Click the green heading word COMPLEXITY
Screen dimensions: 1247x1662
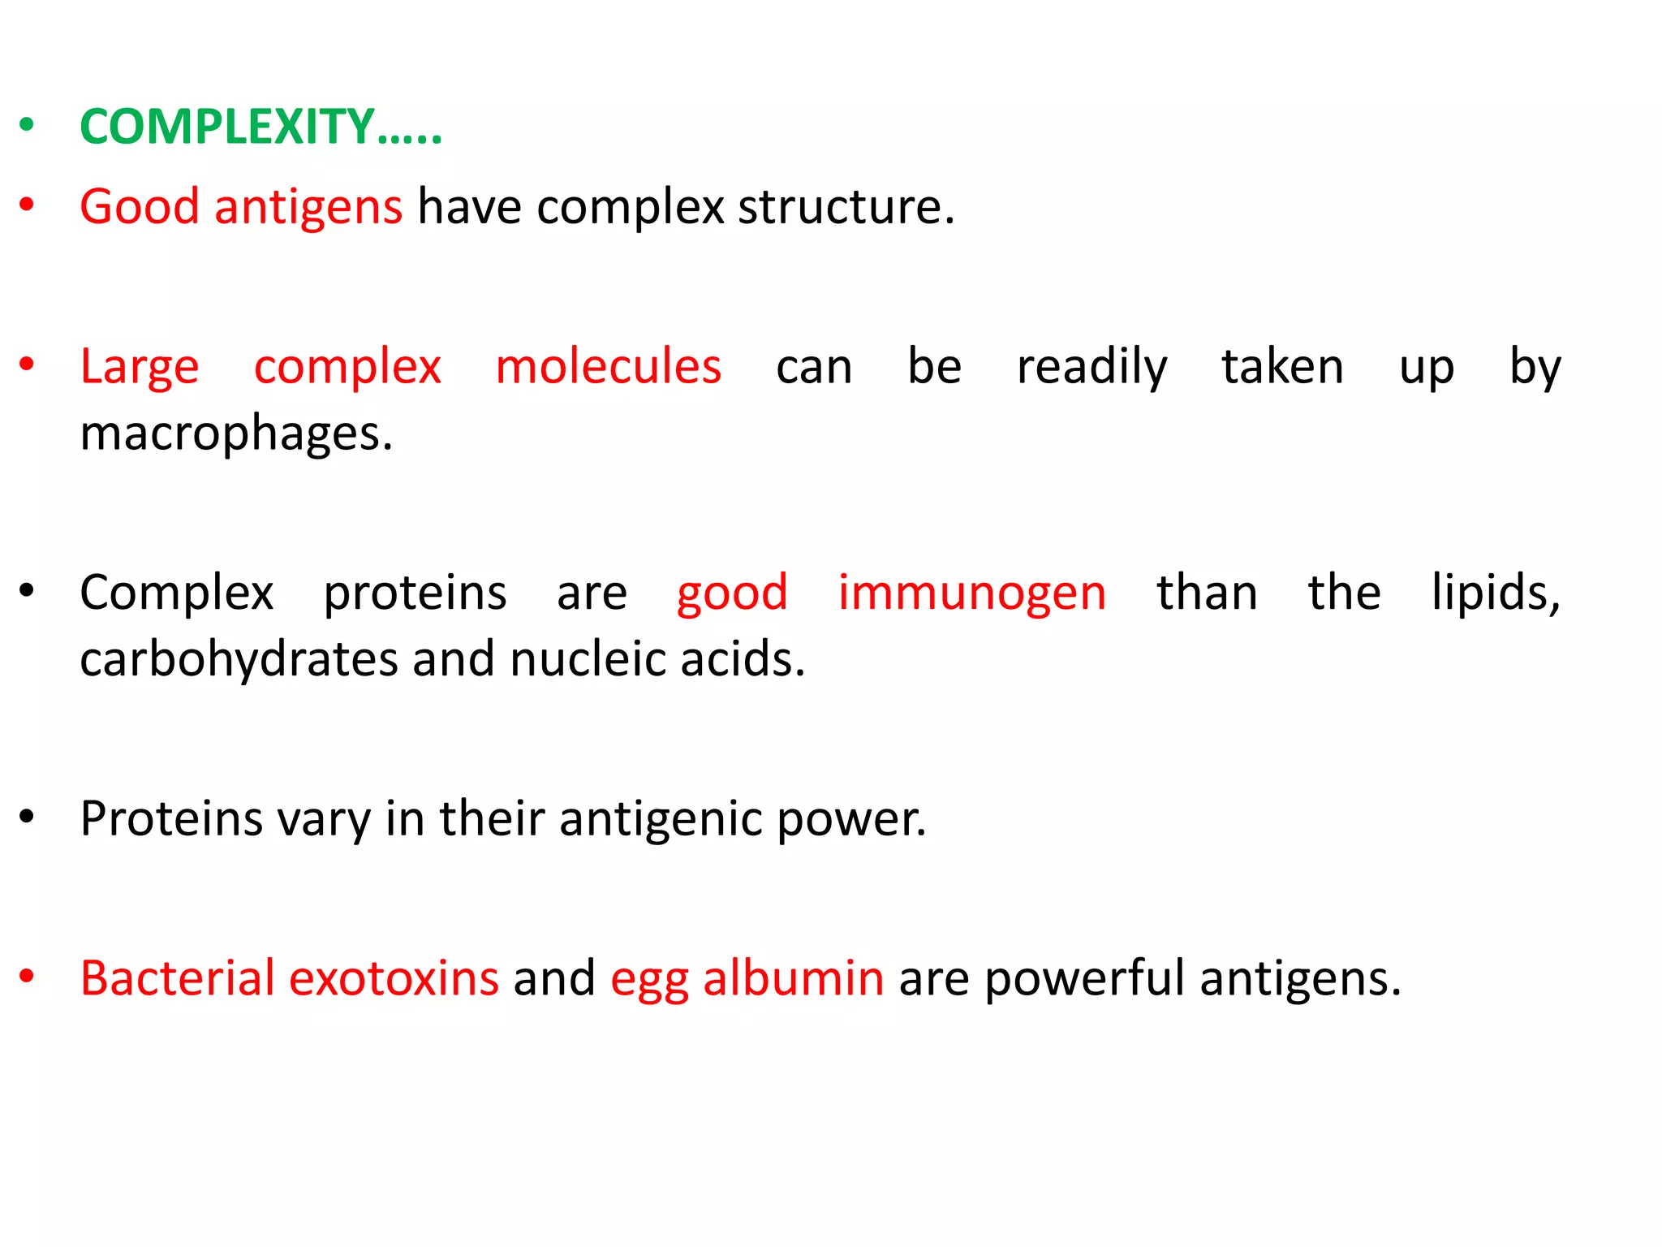(x=227, y=127)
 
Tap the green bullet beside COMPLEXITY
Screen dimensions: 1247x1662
(x=27, y=125)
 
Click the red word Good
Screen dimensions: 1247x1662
(x=139, y=206)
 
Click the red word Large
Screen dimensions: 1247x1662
(x=139, y=368)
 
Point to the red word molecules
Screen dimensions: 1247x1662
(x=608, y=366)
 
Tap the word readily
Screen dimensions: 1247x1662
(x=1091, y=368)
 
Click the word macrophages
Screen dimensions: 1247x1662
(x=235, y=434)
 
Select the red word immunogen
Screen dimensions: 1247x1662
(x=971, y=593)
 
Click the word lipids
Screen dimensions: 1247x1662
(x=1495, y=593)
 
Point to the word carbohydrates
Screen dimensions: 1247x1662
(x=239, y=658)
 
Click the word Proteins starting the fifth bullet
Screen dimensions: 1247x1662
(x=171, y=818)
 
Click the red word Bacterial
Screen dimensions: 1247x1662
(x=177, y=978)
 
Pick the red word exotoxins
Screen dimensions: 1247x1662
(x=394, y=978)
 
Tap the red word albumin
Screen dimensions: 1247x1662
(x=793, y=978)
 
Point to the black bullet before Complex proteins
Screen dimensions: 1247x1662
(x=27, y=591)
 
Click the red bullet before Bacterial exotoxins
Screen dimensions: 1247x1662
(x=27, y=977)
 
